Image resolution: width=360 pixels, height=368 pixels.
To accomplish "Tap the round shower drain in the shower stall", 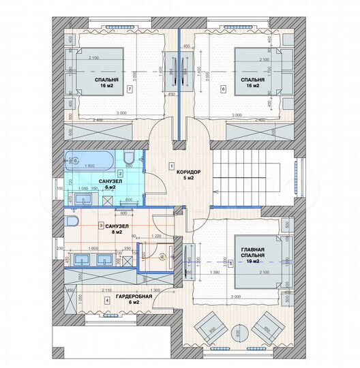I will coord(153,257).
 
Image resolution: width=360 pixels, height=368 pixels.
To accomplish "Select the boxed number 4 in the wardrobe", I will coord(105,299).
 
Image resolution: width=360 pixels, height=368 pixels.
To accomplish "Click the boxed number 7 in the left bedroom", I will coord(129,89).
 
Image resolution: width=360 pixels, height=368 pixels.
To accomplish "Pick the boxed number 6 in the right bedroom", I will coord(223,89).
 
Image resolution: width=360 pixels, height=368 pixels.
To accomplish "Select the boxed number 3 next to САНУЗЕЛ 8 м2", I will coord(101,226).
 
